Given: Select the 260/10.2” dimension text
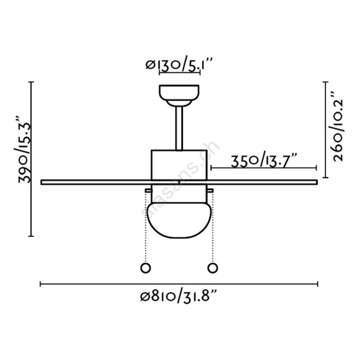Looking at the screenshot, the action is click(x=338, y=127).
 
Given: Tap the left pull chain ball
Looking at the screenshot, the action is click(x=146, y=268).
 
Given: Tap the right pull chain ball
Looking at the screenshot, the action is click(x=213, y=268).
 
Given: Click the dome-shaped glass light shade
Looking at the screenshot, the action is click(x=179, y=220).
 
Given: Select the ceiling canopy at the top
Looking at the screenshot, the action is click(x=179, y=96).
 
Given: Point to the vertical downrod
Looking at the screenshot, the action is click(x=179, y=128).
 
